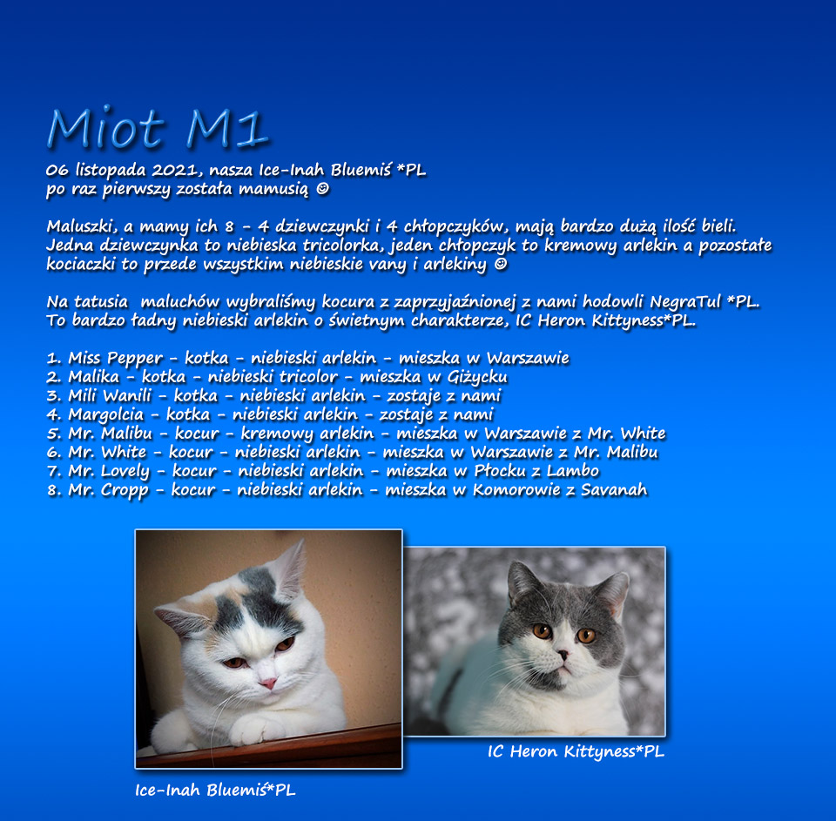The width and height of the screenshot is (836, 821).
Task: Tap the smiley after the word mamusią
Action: point(322,189)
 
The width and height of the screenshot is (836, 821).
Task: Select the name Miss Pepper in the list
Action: point(115,358)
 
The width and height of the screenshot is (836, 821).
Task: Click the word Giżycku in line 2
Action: point(477,378)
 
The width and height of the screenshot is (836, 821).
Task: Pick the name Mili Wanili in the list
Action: point(110,395)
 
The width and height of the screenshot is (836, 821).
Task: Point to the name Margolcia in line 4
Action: point(106,414)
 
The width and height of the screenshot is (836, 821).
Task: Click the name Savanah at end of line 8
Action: point(614,490)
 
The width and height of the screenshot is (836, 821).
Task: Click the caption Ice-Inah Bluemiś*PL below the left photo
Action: point(215,790)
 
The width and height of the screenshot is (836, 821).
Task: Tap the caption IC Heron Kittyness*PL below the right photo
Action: point(576,751)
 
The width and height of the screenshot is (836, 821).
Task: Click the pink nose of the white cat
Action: point(268,683)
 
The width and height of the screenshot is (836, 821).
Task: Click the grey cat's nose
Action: point(563,654)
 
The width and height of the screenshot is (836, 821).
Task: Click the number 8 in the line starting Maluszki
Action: point(229,226)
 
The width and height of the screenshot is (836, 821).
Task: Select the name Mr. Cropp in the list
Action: point(108,490)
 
